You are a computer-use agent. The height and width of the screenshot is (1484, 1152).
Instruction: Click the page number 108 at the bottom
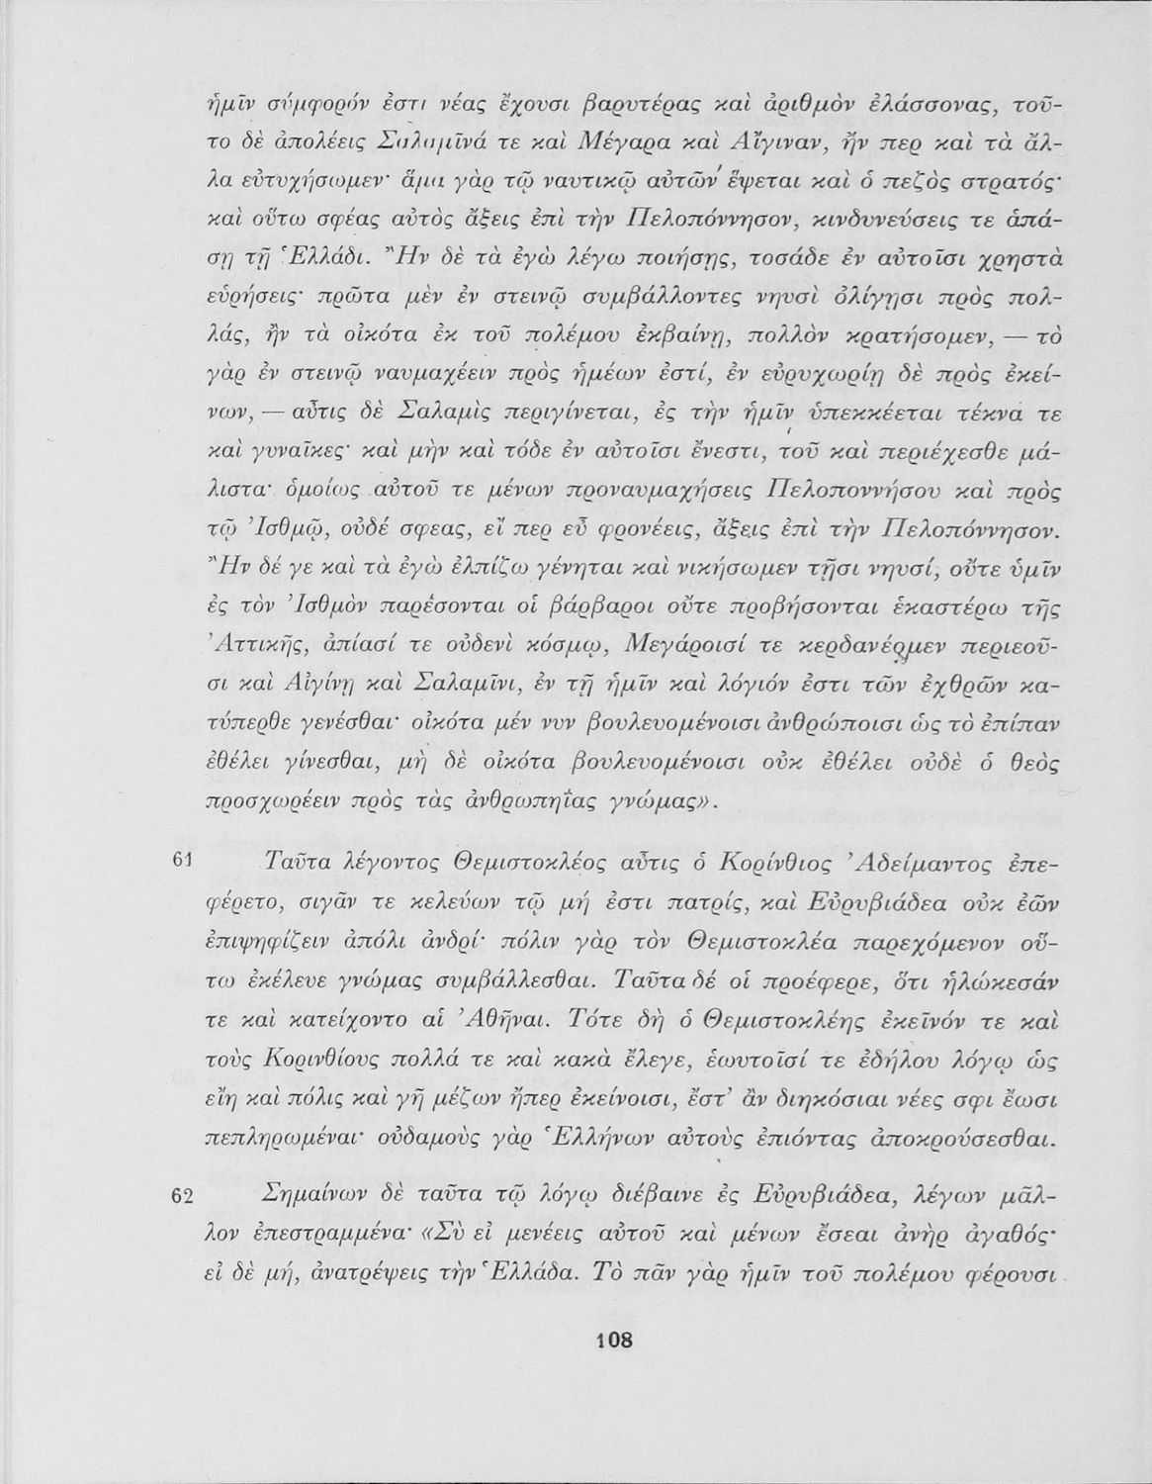(x=613, y=1342)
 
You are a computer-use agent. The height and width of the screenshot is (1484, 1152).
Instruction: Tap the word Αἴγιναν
(x=682, y=149)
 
